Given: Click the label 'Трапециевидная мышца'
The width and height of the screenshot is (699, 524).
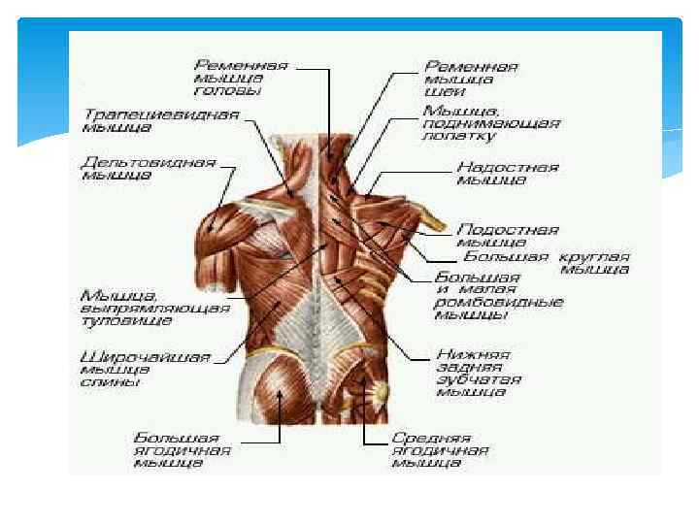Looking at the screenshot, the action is click(159, 119).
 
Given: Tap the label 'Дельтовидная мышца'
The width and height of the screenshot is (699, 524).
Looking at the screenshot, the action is click(148, 170).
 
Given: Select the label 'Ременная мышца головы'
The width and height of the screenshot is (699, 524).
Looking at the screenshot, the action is click(239, 79).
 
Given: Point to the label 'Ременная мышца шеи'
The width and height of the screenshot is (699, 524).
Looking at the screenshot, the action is click(471, 79).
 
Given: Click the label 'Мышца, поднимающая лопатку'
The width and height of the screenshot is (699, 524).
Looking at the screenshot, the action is click(490, 124).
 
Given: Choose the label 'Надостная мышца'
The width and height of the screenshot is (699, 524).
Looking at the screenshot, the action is click(507, 174).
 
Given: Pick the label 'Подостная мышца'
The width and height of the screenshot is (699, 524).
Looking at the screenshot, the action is click(507, 236).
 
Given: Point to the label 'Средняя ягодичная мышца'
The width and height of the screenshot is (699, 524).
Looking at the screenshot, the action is click(440, 450).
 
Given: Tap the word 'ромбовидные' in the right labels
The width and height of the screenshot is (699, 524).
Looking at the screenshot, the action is click(498, 302).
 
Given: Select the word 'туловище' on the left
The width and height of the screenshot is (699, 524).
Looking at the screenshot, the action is click(126, 320).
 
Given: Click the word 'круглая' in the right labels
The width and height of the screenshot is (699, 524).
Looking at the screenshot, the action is click(592, 257).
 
